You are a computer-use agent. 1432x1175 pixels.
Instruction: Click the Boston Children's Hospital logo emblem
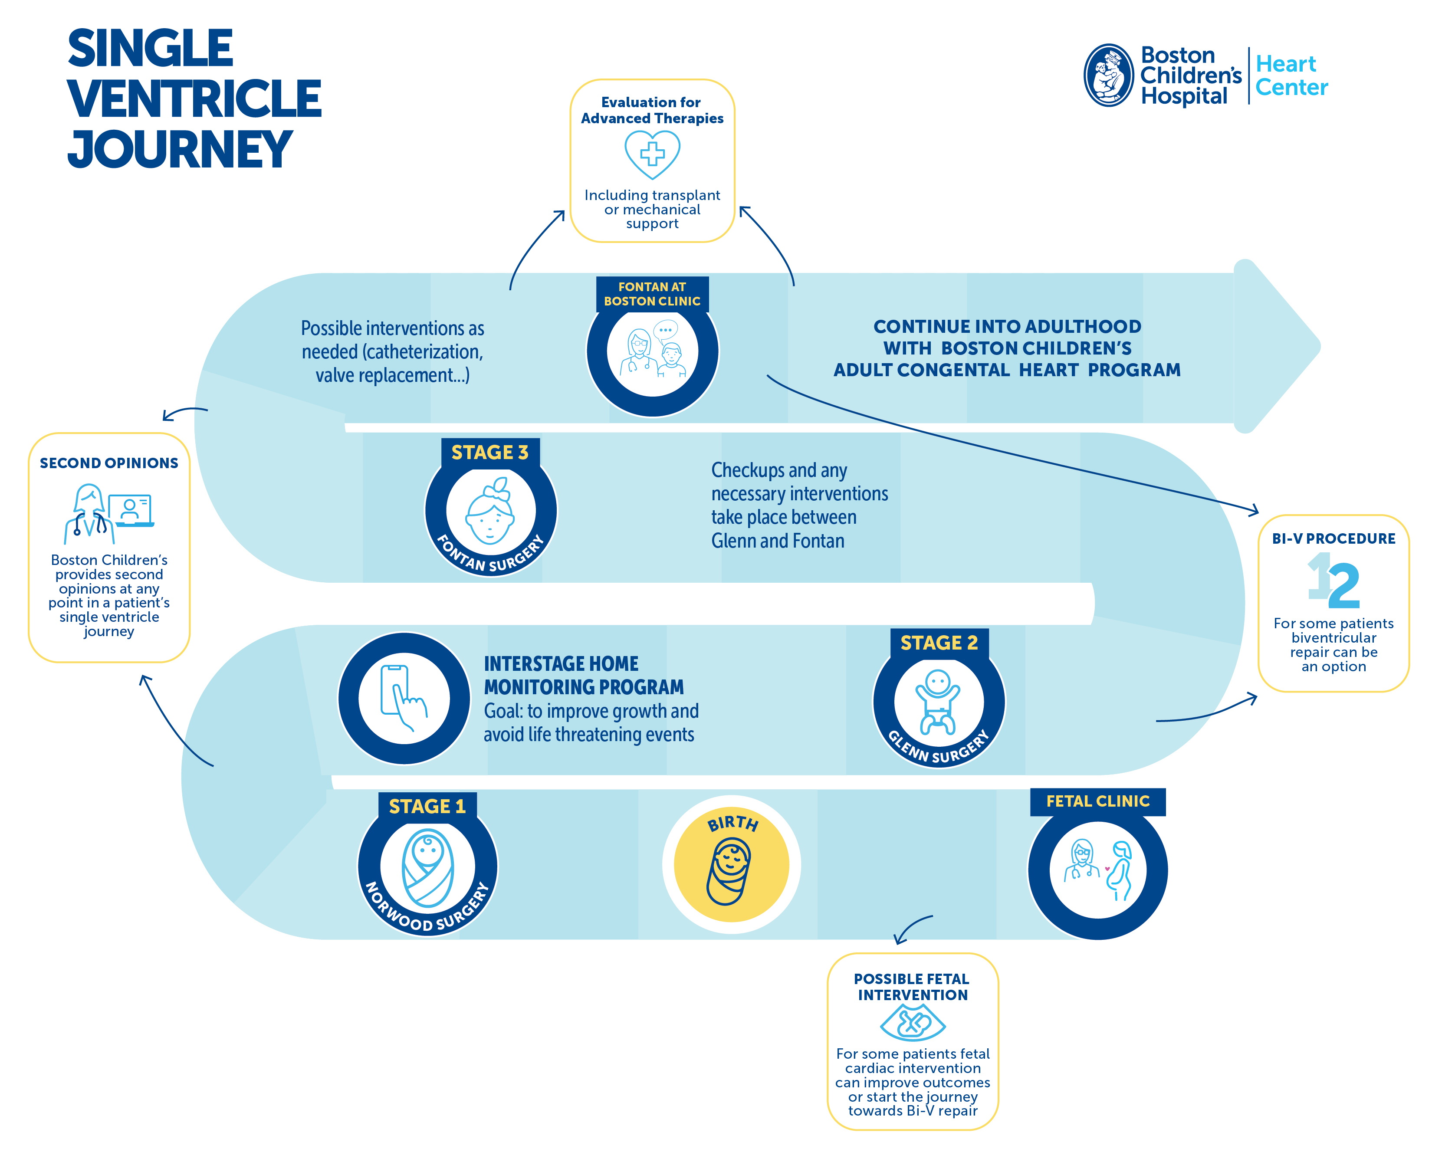(x=1108, y=75)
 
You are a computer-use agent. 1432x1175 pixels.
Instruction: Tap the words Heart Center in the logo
(x=1291, y=75)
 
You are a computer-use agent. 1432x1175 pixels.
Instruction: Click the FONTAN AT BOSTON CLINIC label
(x=652, y=294)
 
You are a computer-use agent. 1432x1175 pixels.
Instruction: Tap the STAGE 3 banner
(x=489, y=452)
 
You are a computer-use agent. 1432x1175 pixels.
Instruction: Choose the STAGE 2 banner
(x=939, y=642)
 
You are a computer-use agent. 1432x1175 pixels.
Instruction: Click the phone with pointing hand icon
(x=403, y=698)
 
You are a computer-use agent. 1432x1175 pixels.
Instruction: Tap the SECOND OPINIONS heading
(x=109, y=463)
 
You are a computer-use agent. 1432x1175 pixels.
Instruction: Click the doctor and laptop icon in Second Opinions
(x=108, y=513)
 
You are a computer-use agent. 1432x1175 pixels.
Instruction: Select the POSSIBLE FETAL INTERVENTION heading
(x=912, y=987)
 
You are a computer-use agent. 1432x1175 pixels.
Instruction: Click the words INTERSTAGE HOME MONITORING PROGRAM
(x=583, y=675)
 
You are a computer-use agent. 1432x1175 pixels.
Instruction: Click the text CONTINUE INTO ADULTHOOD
(x=1006, y=326)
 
